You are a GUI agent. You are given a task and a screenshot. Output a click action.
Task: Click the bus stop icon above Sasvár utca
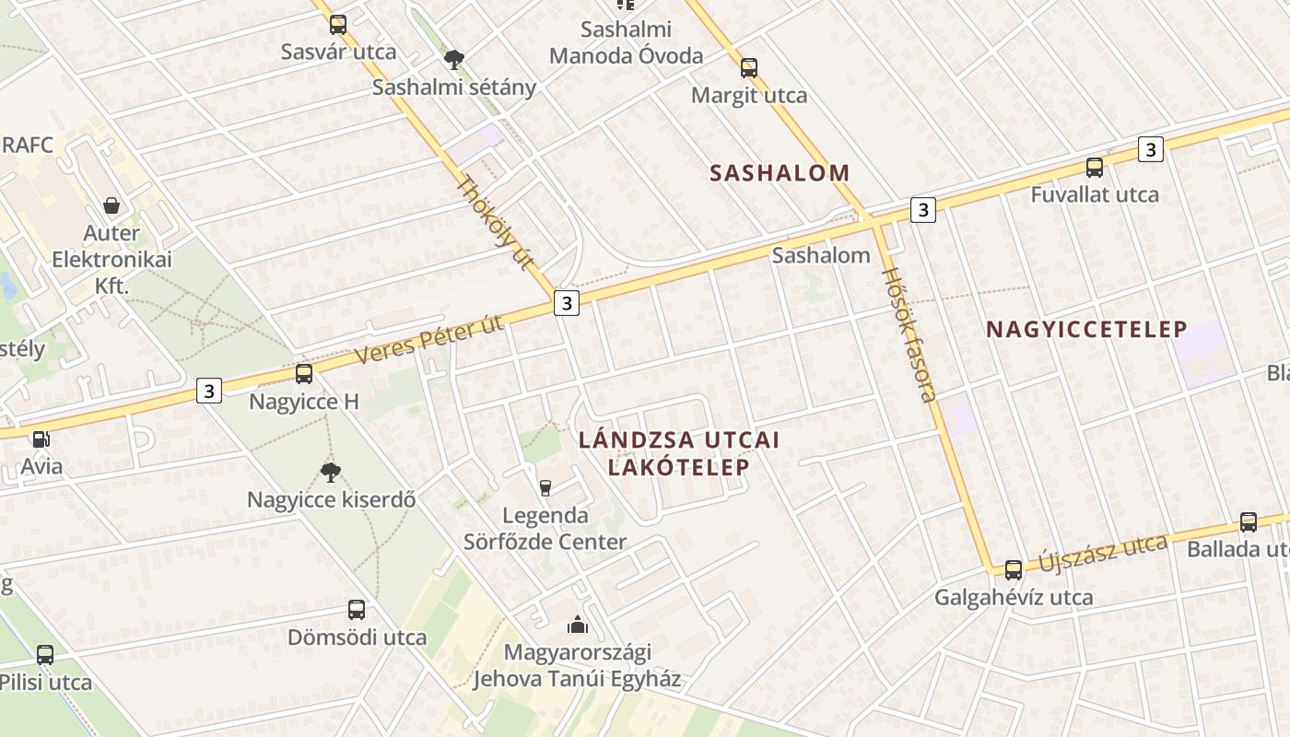click(338, 25)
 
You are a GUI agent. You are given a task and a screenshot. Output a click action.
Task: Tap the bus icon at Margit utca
click(749, 67)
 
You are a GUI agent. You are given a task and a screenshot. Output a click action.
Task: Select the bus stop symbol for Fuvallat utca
click(1095, 168)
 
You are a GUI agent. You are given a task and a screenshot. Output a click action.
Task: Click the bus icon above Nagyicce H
click(304, 374)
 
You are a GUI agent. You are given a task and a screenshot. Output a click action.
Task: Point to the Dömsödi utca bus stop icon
click(357, 610)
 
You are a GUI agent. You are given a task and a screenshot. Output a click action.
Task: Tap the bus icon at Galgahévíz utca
click(1014, 570)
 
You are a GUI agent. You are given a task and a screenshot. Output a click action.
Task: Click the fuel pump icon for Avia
click(41, 439)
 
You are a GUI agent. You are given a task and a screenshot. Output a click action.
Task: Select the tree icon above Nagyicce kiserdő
click(331, 473)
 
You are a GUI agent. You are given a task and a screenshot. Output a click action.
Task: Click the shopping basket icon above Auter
click(111, 205)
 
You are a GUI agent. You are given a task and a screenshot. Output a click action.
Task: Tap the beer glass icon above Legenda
click(545, 487)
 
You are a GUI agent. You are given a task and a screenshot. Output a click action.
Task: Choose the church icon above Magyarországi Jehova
click(578, 626)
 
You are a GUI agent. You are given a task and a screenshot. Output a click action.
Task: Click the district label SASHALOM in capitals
click(780, 172)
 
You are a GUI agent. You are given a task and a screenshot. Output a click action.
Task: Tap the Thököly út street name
click(496, 222)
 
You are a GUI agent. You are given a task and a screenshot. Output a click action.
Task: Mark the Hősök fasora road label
click(909, 333)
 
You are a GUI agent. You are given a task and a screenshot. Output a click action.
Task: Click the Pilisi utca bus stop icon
click(44, 655)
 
